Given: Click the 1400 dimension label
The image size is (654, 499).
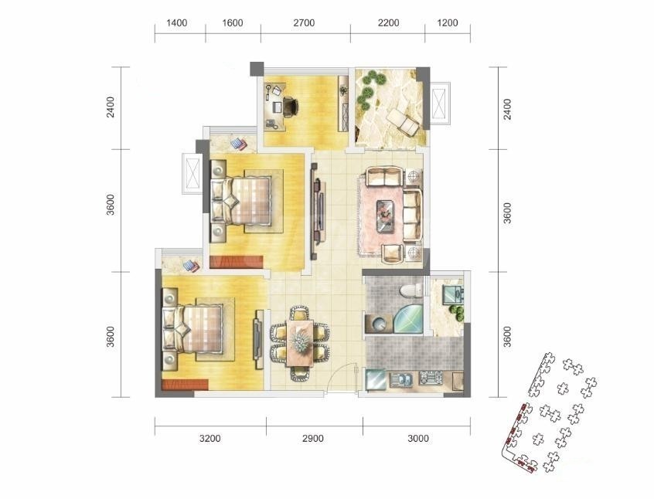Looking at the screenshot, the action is [x=176, y=23].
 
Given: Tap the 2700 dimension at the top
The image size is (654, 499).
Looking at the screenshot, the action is [x=304, y=23].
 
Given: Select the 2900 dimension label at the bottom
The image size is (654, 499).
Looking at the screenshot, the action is [x=313, y=439].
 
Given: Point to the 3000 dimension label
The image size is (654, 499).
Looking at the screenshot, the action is [x=418, y=439].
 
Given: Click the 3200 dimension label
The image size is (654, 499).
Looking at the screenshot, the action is [x=209, y=439].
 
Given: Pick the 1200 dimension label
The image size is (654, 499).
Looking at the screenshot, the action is [x=448, y=23].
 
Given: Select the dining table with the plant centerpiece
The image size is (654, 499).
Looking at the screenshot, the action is [x=299, y=343].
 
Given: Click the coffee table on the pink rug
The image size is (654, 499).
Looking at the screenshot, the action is [x=385, y=216].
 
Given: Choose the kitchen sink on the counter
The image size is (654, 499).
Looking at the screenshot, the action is [x=400, y=380].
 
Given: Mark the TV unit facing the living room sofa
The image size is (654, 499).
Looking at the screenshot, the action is [x=318, y=209].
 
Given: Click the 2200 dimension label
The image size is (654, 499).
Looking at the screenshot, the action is [x=388, y=23].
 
